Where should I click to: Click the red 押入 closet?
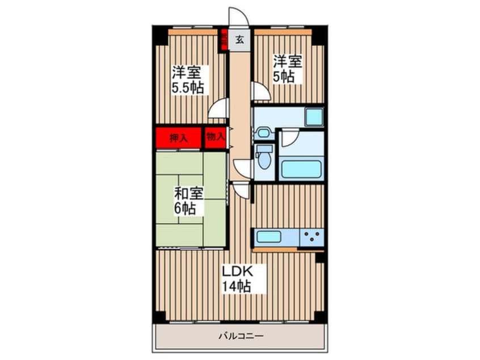point(178,137)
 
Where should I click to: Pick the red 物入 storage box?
point(215,137)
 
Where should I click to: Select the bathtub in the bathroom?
point(301,169)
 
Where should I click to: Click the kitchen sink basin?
point(268,236)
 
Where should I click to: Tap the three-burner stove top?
point(311,237)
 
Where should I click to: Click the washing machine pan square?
point(313,116)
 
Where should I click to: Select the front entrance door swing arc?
point(237,16)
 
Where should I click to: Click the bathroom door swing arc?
point(290,138)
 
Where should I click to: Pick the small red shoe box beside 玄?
point(224,40)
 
